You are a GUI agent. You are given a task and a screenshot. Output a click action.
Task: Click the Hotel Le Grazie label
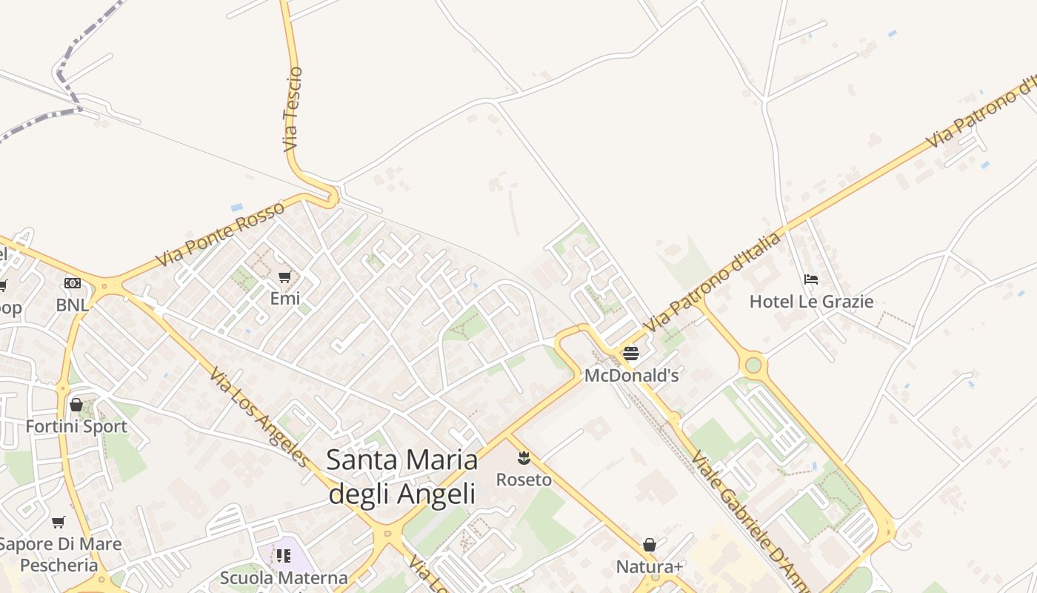point(811,302)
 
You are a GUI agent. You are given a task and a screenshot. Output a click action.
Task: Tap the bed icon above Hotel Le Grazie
point(811,279)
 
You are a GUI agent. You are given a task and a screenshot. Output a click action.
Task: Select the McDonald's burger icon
point(630,353)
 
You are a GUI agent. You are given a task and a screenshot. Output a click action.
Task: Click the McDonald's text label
point(631,376)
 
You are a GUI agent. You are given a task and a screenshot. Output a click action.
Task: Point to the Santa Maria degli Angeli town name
point(401,476)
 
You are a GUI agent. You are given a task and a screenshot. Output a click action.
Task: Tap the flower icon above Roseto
point(524,458)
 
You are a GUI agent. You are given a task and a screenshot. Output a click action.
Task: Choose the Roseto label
point(524,480)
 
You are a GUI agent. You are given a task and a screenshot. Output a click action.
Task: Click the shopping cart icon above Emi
point(285,277)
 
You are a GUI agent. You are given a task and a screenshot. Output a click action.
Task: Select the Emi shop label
point(285,299)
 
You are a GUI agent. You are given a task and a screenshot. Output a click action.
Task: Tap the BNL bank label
point(72,305)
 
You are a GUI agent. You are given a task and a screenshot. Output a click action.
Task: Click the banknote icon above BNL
point(72,283)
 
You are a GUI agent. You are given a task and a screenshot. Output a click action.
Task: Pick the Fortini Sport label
point(76,427)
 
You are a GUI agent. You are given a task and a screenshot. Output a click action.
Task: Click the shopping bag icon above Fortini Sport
point(76,405)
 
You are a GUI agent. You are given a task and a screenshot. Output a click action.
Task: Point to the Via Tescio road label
point(293,110)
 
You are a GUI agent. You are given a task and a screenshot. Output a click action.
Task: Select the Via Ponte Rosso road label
point(220,235)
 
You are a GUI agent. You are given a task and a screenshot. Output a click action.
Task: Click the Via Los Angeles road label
point(259,417)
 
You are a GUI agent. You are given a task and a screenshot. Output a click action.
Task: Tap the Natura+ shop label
point(650,567)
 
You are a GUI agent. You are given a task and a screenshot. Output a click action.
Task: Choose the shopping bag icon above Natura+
point(650,546)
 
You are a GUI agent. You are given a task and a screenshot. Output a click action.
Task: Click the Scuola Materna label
point(284,577)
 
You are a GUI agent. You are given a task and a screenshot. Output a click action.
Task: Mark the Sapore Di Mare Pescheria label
point(59,554)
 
